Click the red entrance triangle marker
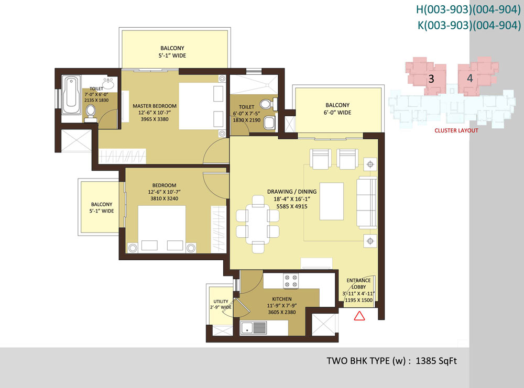click(359, 316)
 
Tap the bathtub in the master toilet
click(71, 95)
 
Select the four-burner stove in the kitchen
click(291, 281)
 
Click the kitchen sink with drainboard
click(254, 328)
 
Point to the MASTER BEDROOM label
click(155, 106)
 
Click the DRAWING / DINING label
click(292, 192)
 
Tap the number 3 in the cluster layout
click(431, 79)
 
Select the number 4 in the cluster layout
click(470, 78)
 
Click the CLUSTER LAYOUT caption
click(456, 130)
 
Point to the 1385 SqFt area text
click(436, 361)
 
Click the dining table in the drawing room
click(257, 225)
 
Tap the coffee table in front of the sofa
click(332, 202)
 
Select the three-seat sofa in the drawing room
click(367, 203)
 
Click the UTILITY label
click(221, 302)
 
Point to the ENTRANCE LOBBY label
click(358, 283)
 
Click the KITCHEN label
click(282, 299)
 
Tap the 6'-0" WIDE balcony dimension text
click(337, 113)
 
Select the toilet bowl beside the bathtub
click(91, 112)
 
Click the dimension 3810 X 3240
click(164, 198)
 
